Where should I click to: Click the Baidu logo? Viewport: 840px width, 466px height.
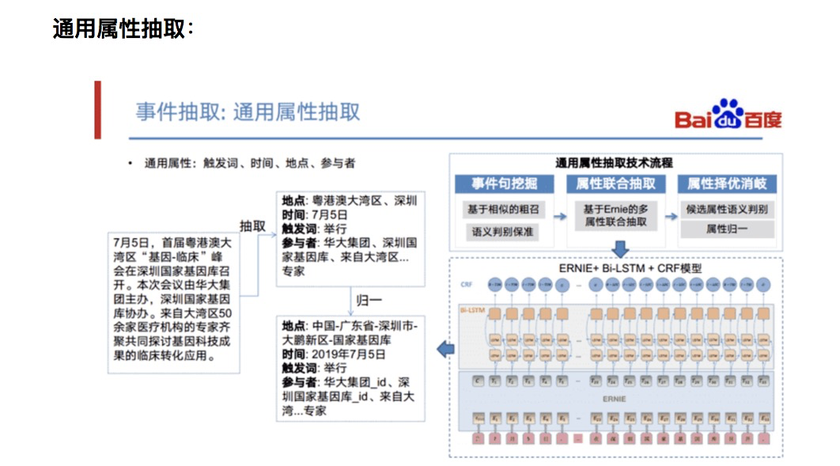728,116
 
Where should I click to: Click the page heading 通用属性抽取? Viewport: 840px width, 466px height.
123,28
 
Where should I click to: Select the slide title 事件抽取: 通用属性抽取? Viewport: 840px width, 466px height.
248,112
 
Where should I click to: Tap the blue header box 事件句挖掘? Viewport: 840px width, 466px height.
504,184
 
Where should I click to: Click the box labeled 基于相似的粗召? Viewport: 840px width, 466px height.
504,210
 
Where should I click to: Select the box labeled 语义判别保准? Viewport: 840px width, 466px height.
504,232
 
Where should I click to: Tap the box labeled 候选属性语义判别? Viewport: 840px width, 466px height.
727,210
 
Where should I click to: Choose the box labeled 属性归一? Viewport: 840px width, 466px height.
727,229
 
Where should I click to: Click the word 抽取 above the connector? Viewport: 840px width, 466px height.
252,225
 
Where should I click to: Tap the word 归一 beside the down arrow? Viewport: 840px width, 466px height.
369,301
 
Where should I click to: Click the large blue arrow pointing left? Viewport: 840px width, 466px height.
445,348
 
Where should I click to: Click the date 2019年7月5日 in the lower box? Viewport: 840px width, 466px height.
347,354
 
